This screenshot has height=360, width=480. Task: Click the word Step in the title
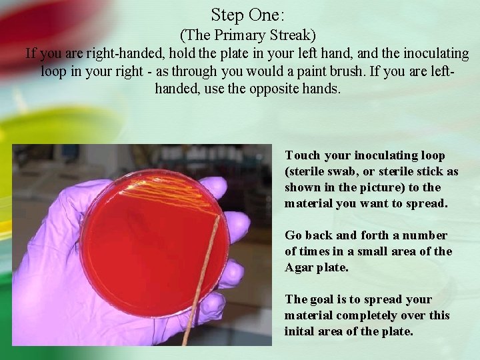click(227, 15)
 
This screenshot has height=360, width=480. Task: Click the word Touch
click(303, 155)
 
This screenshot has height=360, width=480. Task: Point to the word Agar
click(298, 267)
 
